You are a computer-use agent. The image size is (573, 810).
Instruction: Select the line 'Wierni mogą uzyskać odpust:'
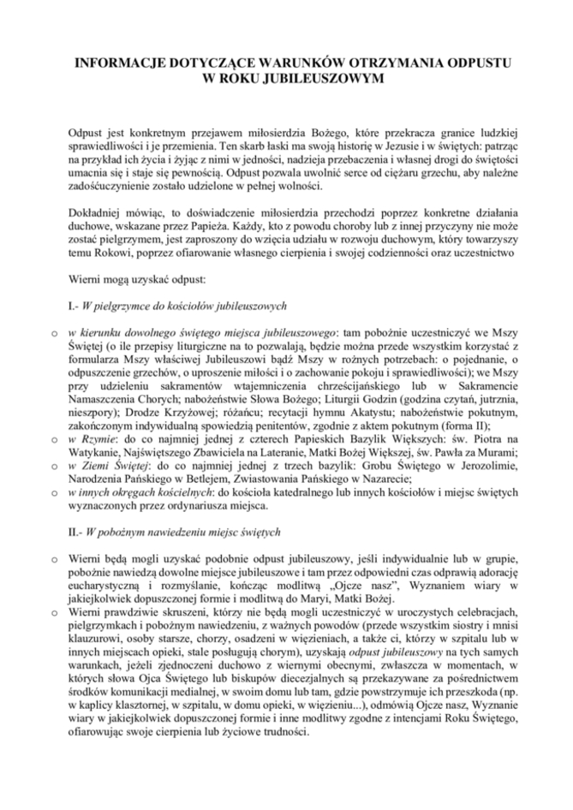tap(133, 279)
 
